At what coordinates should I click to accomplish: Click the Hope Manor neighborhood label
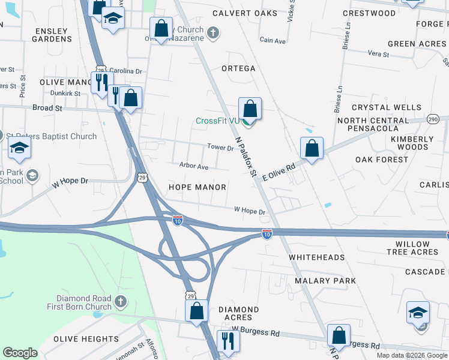(197, 187)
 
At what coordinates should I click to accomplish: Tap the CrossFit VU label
(217, 121)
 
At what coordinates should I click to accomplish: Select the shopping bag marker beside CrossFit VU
(250, 110)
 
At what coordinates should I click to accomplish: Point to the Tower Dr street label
(220, 148)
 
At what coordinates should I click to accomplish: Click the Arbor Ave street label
(193, 166)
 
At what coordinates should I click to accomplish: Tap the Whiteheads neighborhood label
(317, 257)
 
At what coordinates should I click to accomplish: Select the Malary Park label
(325, 281)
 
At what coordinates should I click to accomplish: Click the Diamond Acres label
(238, 313)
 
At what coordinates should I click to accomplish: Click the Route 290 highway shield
(433, 120)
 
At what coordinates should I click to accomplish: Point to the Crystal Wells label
(387, 108)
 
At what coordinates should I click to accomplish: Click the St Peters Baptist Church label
(53, 136)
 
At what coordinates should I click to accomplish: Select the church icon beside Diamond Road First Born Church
(120, 300)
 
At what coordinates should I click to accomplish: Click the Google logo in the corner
(20, 353)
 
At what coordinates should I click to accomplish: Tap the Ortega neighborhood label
(238, 68)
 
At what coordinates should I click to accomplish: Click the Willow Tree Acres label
(413, 248)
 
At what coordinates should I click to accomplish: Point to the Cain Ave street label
(273, 41)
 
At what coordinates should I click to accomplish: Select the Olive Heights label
(86, 339)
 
